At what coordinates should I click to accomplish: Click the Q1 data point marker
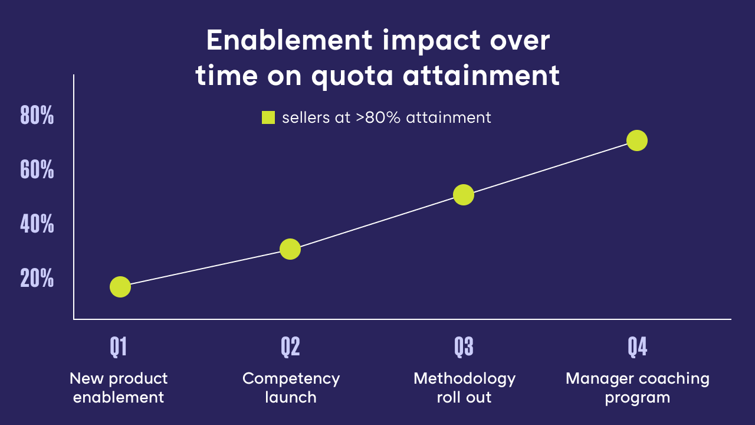120,286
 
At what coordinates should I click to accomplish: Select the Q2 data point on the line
290,249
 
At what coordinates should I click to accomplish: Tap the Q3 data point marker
464,195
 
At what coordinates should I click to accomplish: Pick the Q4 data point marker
637,140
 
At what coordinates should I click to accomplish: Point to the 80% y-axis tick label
37,116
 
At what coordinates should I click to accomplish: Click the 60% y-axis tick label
37,171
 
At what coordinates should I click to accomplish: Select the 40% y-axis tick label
37,225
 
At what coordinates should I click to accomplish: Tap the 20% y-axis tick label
37,279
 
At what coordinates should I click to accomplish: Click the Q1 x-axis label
119,347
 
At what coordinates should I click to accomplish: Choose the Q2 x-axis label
290,347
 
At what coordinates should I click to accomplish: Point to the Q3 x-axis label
464,347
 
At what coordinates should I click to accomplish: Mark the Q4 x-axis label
637,347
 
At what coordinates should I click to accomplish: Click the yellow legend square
268,117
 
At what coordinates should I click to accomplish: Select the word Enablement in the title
289,41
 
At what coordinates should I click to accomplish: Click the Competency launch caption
291,387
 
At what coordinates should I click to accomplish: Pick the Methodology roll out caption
464,387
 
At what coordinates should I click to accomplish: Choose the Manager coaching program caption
637,387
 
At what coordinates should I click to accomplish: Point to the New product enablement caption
119,387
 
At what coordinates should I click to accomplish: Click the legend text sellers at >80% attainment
386,117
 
